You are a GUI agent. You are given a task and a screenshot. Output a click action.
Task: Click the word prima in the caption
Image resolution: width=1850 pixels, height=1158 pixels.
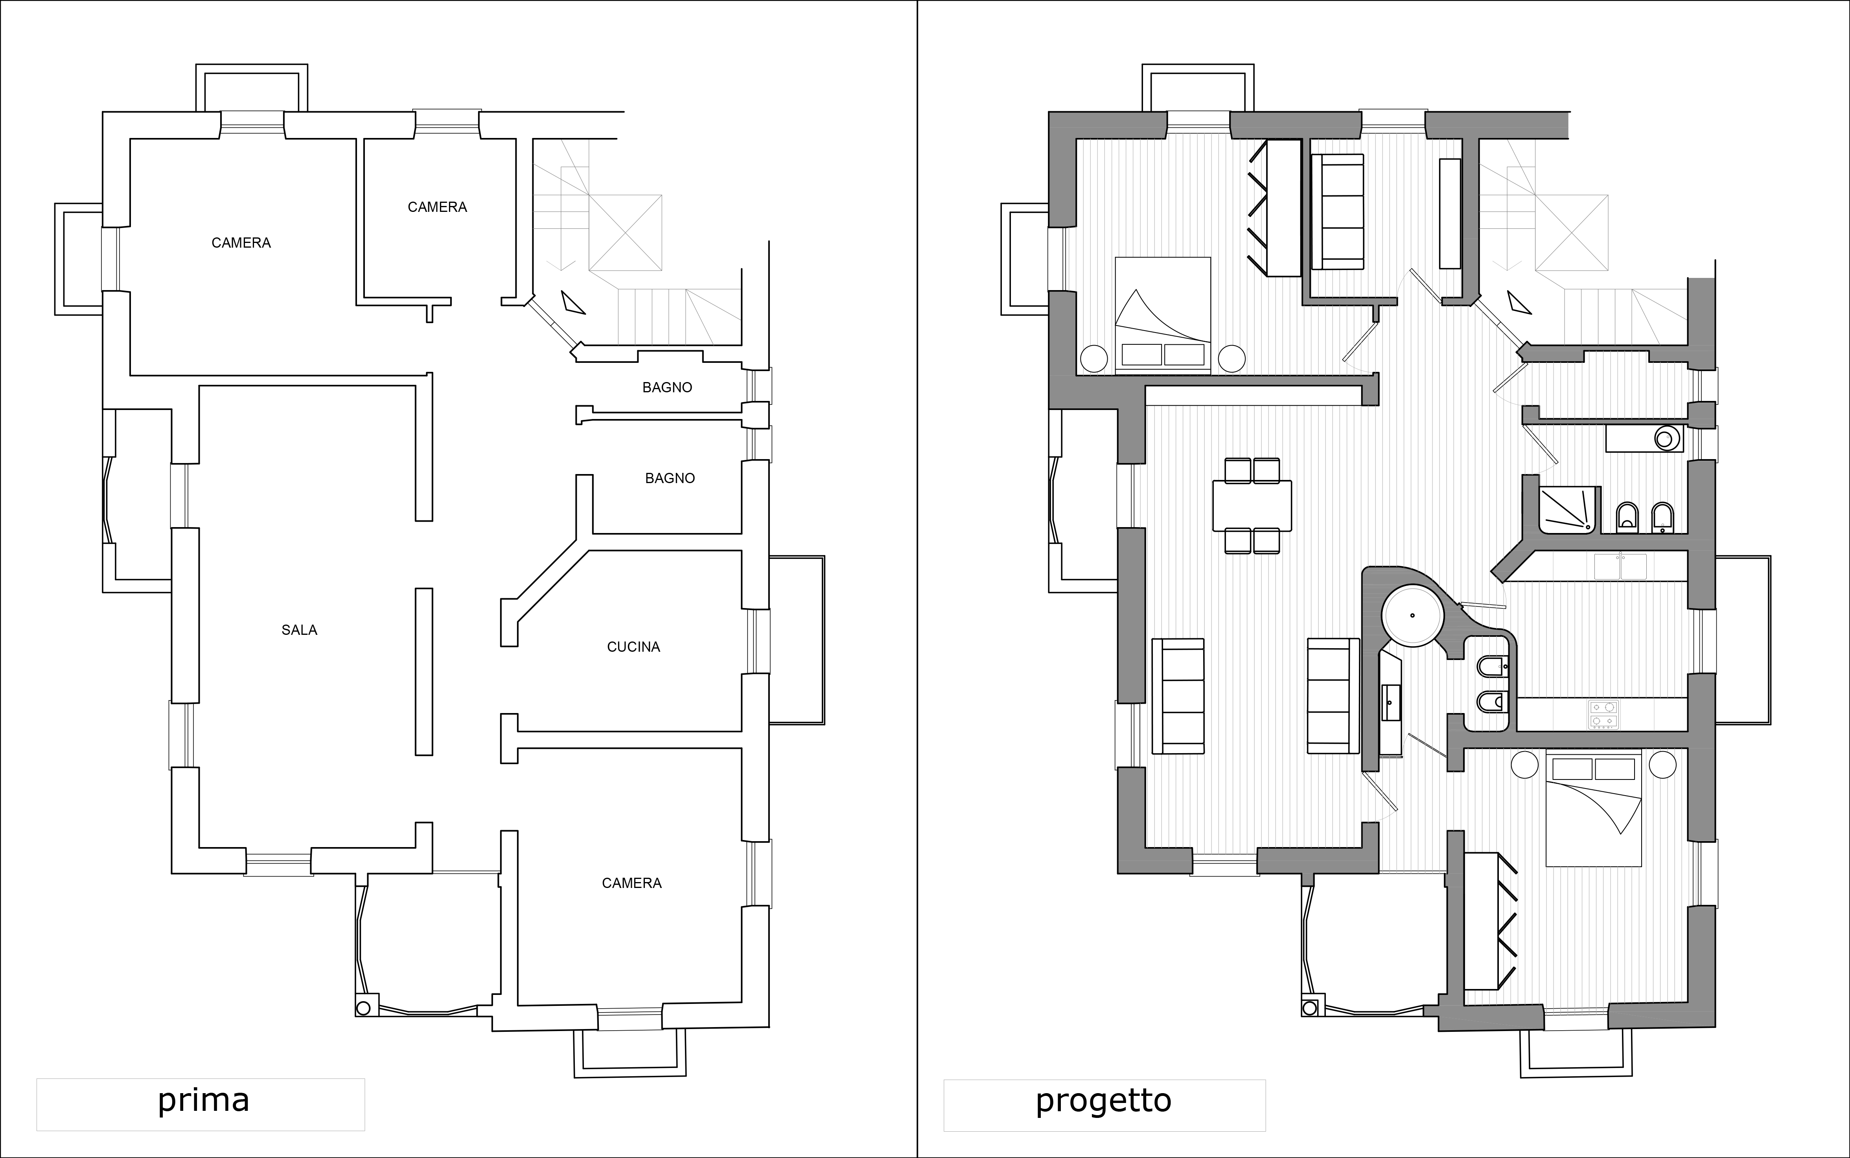(x=204, y=1101)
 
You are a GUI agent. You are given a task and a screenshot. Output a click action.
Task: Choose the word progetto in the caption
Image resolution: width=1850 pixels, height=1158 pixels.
(x=1104, y=1101)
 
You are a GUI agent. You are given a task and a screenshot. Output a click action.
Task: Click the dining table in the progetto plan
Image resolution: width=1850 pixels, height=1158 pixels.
(x=1252, y=505)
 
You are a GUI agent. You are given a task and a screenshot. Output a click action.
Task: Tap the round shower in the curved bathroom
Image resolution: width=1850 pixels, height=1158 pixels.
(x=1414, y=615)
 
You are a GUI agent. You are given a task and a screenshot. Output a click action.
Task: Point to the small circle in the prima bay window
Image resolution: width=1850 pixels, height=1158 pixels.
(x=364, y=1007)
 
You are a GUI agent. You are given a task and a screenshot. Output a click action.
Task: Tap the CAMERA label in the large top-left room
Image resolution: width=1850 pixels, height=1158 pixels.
(x=241, y=243)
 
